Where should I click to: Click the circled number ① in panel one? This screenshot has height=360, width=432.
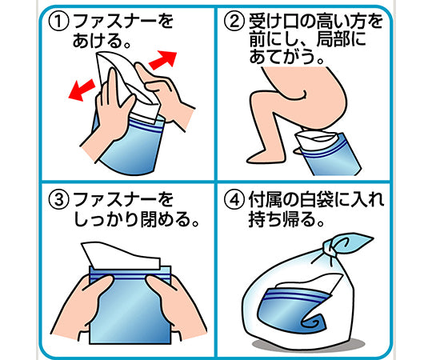pyautogui.click(x=58, y=22)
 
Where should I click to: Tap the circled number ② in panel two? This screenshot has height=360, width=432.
pyautogui.click(x=234, y=22)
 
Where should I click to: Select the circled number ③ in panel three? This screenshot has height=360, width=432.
pyautogui.click(x=58, y=200)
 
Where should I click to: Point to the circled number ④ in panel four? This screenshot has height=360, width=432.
pyautogui.click(x=234, y=200)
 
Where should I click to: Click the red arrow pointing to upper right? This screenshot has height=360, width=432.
pyautogui.click(x=163, y=60)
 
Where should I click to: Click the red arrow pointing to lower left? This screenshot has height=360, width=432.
pyautogui.click(x=82, y=90)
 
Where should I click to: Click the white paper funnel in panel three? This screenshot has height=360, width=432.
pyautogui.click(x=122, y=254)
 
